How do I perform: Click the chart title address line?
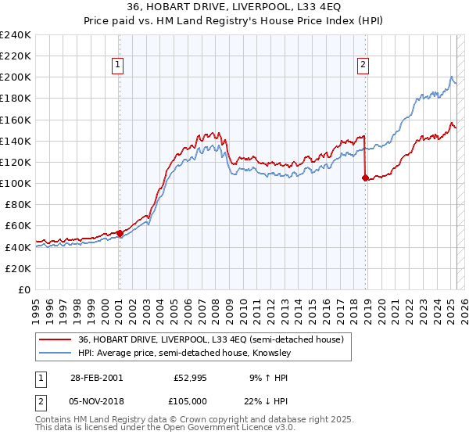pyautogui.click(x=234, y=7)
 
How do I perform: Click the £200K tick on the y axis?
pyautogui.click(x=15, y=77)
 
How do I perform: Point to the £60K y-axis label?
pyautogui.click(x=17, y=226)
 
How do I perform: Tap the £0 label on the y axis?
pyautogui.click(x=23, y=289)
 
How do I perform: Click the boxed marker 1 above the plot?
pyautogui.click(x=118, y=66)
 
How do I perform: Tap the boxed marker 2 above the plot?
pyautogui.click(x=364, y=66)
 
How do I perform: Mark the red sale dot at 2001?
pyautogui.click(x=120, y=232)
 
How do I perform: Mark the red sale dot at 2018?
pyautogui.click(x=365, y=178)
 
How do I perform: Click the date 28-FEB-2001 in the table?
pyautogui.click(x=96, y=377)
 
